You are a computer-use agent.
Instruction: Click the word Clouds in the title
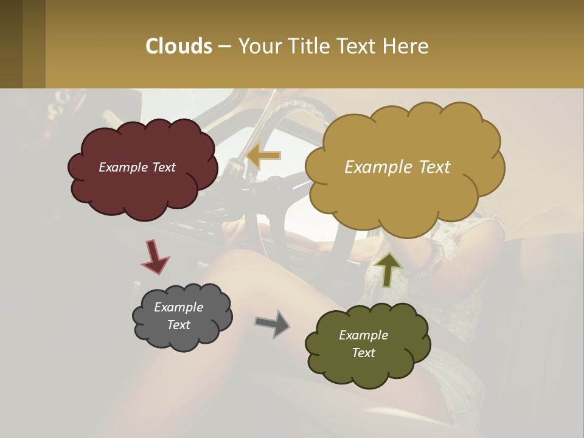pos(178,46)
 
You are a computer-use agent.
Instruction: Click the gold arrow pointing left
pos(264,156)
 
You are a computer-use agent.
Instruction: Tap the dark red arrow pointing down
pos(155,257)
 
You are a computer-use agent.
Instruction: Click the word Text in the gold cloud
pos(430,167)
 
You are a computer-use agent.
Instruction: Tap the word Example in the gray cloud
pos(178,307)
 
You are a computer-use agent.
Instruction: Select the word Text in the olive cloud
pos(363,353)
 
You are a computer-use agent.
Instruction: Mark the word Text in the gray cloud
pos(178,325)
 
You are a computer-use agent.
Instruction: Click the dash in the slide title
pos(224,46)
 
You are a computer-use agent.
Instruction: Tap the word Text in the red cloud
pos(164,167)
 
